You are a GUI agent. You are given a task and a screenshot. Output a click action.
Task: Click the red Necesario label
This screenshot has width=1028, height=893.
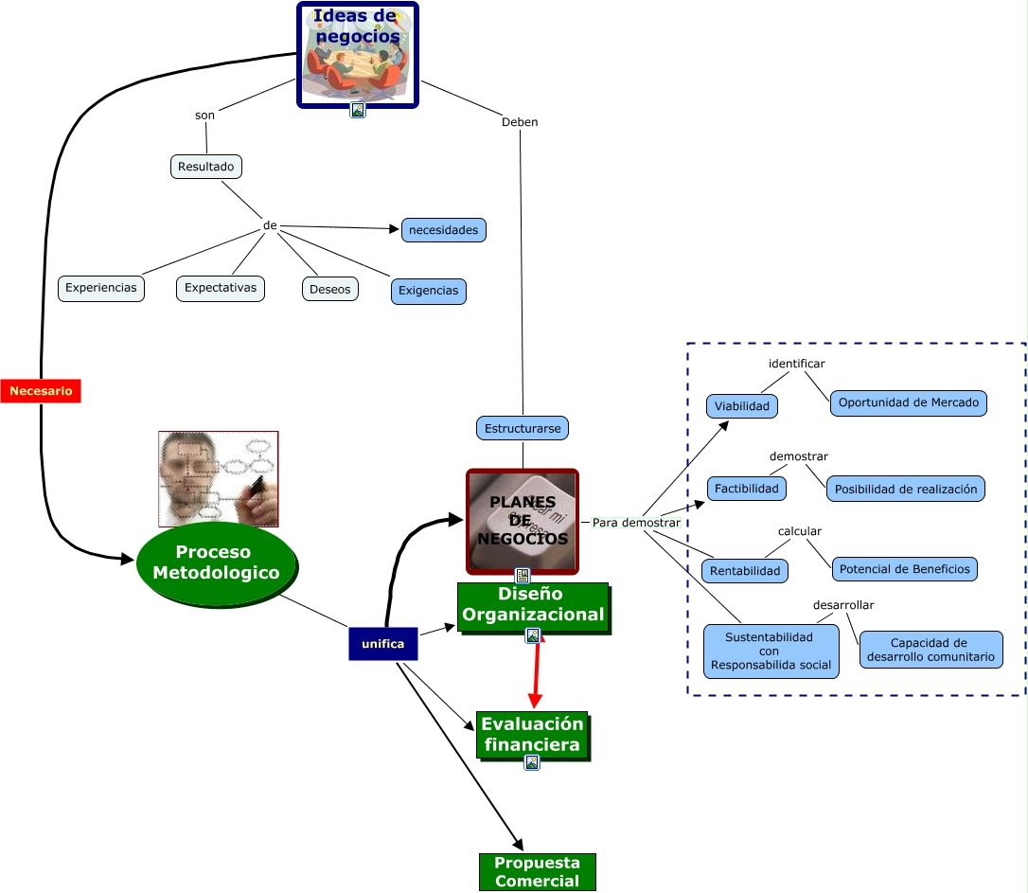(x=41, y=390)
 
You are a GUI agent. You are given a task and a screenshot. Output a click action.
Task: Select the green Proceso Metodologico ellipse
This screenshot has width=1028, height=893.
(x=216, y=563)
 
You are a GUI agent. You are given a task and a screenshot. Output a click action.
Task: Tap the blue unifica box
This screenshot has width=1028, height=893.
(x=382, y=644)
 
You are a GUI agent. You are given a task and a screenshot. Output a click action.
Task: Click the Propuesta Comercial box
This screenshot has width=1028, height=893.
(x=537, y=872)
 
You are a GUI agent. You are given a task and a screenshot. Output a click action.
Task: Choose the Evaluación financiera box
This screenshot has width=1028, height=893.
(x=531, y=735)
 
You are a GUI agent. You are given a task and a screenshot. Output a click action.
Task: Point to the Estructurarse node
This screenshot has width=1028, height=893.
(x=523, y=428)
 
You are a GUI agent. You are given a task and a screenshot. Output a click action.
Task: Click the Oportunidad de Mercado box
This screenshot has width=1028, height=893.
(x=909, y=402)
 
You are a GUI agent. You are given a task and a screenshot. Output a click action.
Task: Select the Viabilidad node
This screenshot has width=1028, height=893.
(x=742, y=406)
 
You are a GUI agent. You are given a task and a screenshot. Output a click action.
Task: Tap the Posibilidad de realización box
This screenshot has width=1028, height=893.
(x=906, y=489)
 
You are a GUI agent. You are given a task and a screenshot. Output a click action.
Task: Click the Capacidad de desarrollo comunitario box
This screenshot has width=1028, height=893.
(x=931, y=651)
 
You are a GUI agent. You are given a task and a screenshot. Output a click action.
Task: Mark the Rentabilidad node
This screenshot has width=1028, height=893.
(x=745, y=571)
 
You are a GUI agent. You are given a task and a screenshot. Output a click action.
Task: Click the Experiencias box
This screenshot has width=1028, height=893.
(x=101, y=288)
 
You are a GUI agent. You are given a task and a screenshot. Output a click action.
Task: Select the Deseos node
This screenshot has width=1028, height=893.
(x=330, y=290)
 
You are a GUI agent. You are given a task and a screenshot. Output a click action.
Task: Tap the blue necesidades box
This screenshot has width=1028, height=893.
(x=444, y=230)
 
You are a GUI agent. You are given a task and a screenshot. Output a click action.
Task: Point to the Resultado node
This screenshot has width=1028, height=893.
(x=205, y=167)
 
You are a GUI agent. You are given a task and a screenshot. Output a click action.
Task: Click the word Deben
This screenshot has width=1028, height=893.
(x=520, y=122)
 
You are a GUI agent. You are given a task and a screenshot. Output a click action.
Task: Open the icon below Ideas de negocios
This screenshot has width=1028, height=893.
(x=358, y=110)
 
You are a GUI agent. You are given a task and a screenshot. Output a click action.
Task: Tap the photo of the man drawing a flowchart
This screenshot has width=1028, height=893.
(x=219, y=478)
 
